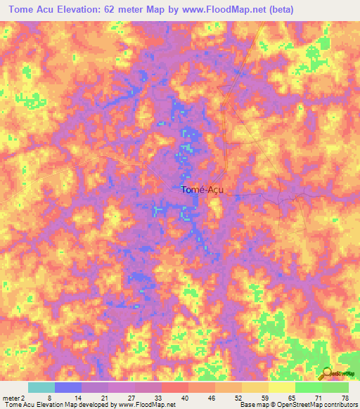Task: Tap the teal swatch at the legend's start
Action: pyautogui.click(x=41, y=387)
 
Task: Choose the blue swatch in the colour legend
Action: pyautogui.click(x=68, y=387)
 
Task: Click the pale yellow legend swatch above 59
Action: pyautogui.click(x=255, y=387)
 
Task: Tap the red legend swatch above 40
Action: pyautogui.click(x=175, y=387)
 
